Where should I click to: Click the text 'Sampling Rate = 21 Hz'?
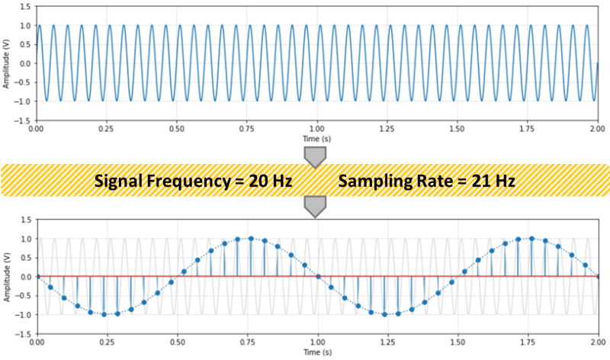tap(427, 182)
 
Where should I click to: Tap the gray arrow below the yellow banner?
tap(315, 205)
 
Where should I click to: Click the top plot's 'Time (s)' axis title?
tap(316, 140)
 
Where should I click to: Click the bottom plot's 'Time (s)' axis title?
tap(316, 354)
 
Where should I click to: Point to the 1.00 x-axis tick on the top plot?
tap(316, 130)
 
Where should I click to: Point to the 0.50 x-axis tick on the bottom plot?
tap(176, 343)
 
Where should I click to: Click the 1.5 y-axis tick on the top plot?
tap(25, 6)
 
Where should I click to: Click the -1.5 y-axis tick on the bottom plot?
tap(23, 333)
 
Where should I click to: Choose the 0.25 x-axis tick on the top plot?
tap(106, 130)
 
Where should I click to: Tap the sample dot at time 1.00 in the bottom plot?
tap(317, 276)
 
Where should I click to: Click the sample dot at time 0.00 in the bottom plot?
tap(37, 276)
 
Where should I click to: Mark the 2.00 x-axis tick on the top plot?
tap(596, 130)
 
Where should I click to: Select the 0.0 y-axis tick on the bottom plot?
tap(25, 276)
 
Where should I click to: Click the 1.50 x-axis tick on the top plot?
tap(457, 130)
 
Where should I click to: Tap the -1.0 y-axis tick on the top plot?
tap(23, 101)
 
